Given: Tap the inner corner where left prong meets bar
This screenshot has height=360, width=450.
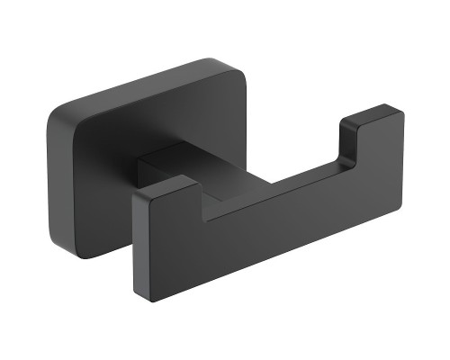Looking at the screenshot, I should pyautogui.click(x=203, y=216).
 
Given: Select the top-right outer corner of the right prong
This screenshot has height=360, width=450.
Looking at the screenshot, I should pyautogui.click(x=401, y=113).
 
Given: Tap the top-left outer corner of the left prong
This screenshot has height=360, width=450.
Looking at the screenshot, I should pyautogui.click(x=135, y=193).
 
